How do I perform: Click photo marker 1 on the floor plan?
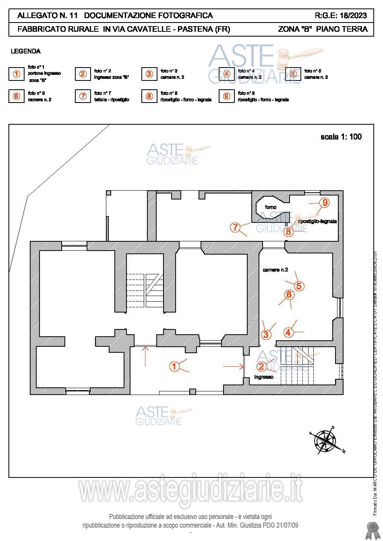[x=174, y=366]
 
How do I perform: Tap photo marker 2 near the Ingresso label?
[x=261, y=366]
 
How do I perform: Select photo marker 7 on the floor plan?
[x=235, y=227]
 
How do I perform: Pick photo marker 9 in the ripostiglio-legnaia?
[x=325, y=203]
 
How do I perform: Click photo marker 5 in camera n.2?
[x=299, y=286]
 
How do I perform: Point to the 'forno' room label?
[x=271, y=207]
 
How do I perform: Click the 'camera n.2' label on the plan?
[x=275, y=270]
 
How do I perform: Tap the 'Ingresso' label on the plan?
[x=264, y=377]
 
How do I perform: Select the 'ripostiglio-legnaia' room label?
[x=317, y=222]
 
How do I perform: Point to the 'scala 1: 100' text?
[x=341, y=137]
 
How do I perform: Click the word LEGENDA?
[x=25, y=51]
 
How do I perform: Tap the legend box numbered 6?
[x=17, y=96]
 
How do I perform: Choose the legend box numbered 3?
[x=149, y=74]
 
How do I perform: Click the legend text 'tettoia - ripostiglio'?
[x=112, y=100]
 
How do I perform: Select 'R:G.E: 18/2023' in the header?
[x=341, y=16]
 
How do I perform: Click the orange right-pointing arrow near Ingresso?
[x=233, y=366]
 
